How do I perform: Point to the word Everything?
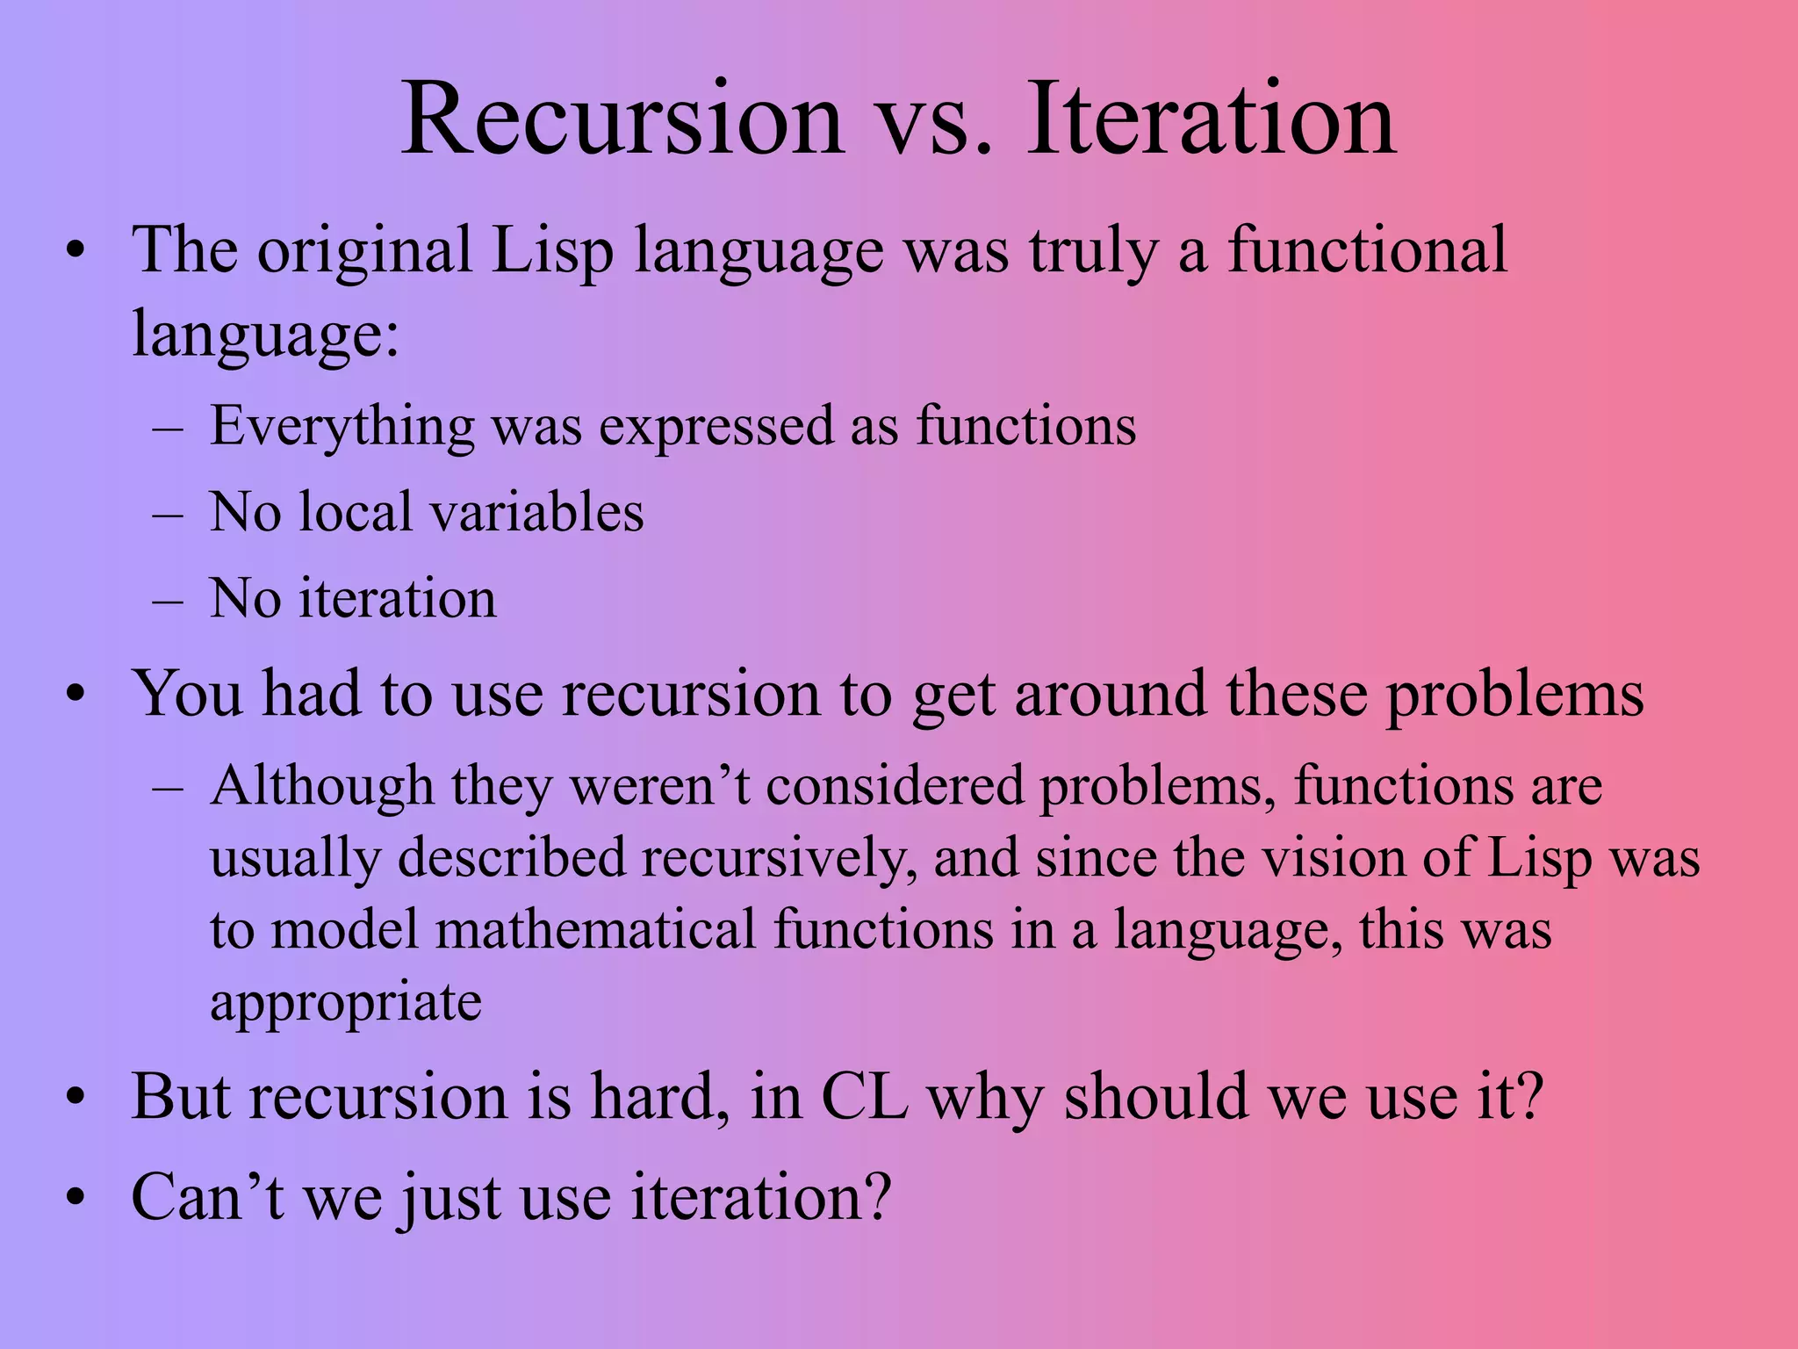[x=342, y=427]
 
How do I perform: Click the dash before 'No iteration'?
[x=167, y=601]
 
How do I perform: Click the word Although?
[x=322, y=786]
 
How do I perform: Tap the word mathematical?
[x=595, y=930]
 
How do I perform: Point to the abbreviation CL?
[x=864, y=1097]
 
